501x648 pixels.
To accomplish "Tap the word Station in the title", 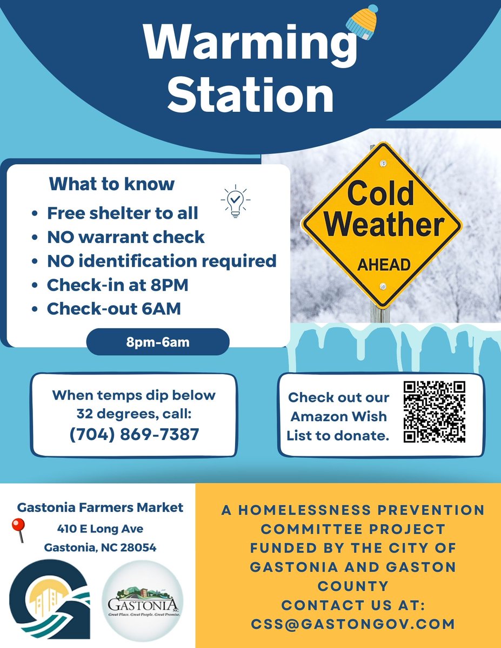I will (250, 96).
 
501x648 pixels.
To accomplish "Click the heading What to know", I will (112, 184).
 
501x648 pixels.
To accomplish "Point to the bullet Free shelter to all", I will (122, 213).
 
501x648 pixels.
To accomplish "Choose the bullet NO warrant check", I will (125, 237).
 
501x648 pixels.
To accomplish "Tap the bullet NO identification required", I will (162, 261).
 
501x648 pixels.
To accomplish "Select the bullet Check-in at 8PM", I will (117, 285).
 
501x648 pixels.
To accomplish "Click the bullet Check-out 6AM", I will (113, 309).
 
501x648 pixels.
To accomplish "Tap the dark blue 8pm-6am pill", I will (158, 342).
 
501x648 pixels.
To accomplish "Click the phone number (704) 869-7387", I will (134, 434).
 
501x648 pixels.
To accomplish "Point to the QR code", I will (435, 411).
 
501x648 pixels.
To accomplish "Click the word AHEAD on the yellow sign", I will (384, 265).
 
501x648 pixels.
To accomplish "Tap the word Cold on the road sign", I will (380, 193).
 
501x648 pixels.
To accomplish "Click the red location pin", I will (19, 530).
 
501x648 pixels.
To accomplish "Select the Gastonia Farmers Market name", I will (100, 508).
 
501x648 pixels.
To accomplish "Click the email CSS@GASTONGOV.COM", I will (353, 624).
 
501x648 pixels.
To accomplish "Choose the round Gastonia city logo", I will (143, 600).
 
